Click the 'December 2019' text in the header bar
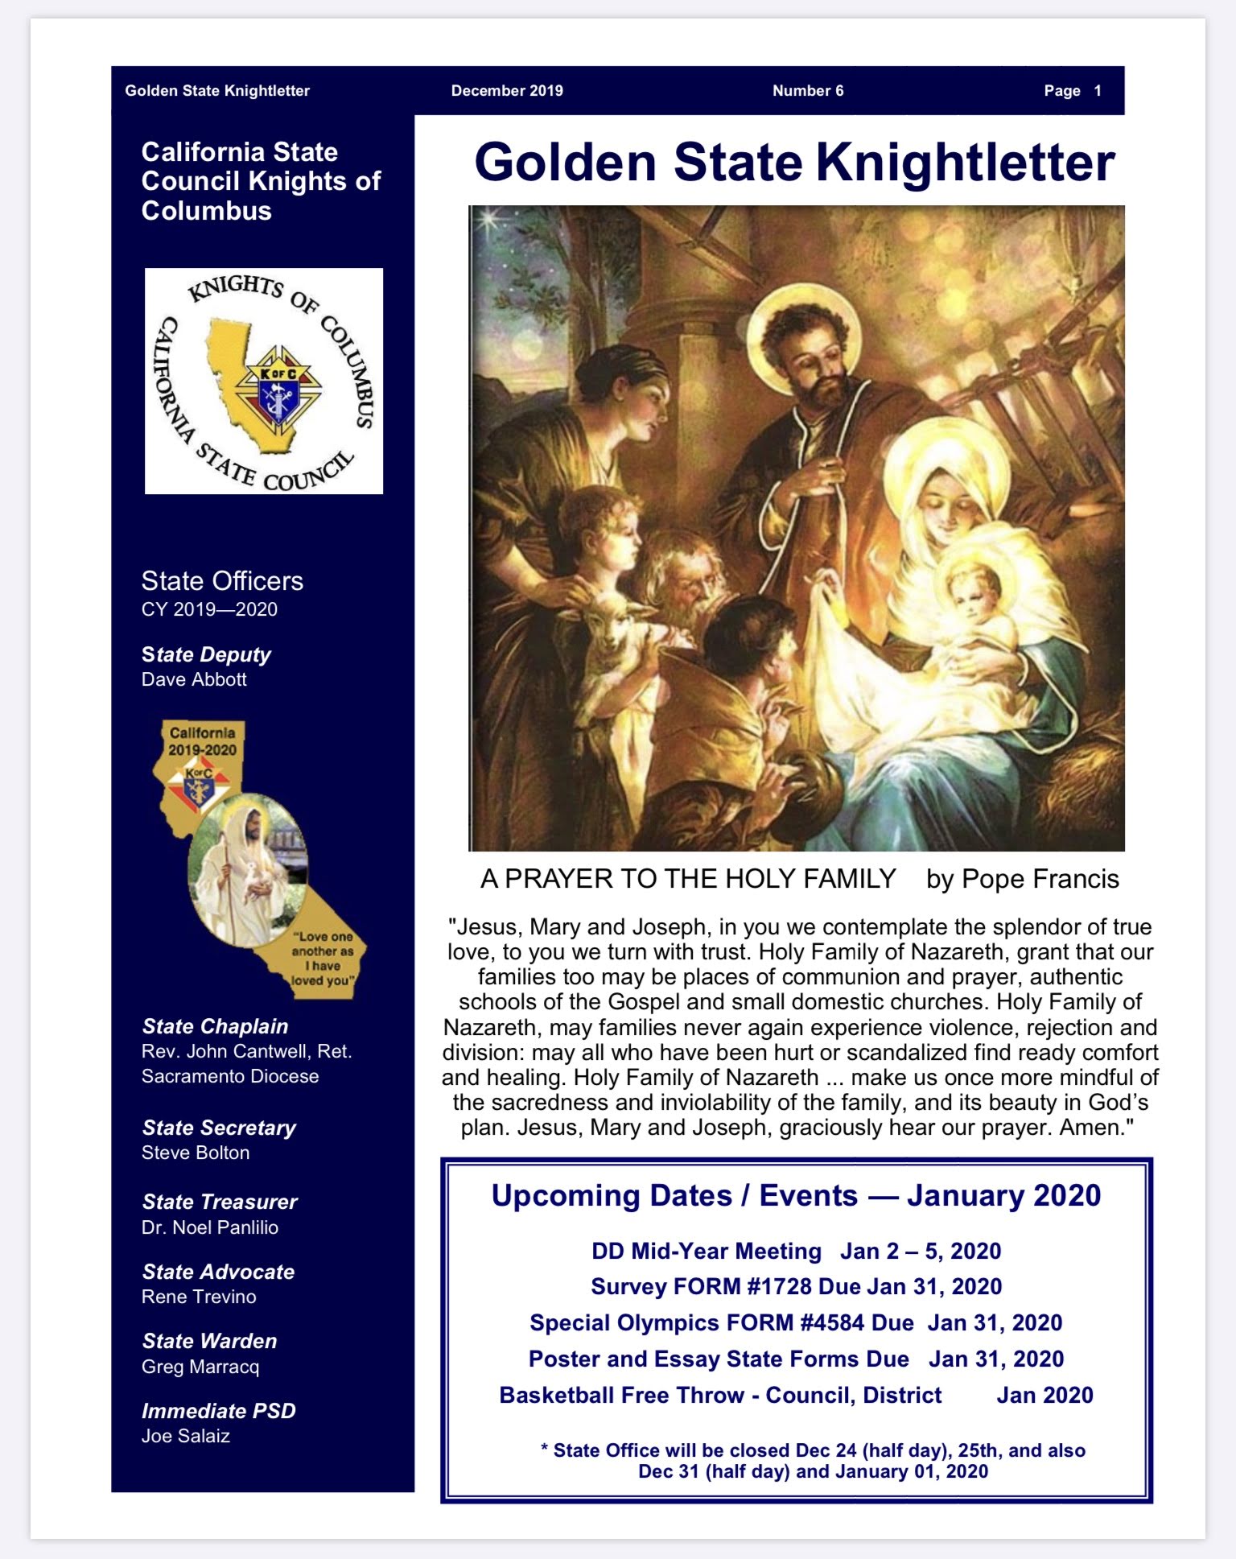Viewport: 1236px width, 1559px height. pos(507,91)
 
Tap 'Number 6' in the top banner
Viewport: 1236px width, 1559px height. pos(808,91)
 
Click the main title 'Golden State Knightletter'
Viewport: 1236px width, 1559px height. pos(794,163)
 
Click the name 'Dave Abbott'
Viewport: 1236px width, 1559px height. pos(194,679)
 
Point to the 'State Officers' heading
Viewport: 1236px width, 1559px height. pos(222,581)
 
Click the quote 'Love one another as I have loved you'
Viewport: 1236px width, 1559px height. pos(323,959)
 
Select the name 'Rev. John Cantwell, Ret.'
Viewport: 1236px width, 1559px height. pos(246,1051)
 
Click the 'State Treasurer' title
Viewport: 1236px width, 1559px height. pos(220,1202)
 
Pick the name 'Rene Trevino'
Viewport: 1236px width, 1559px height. pos(199,1297)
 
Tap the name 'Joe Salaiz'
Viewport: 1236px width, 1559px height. pos(186,1436)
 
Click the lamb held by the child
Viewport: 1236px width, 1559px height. pos(612,636)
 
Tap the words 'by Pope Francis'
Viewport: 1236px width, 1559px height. pos(1022,879)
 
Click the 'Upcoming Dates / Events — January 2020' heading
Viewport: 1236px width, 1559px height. pos(796,1195)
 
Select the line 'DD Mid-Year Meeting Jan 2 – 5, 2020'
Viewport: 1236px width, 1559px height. pos(796,1251)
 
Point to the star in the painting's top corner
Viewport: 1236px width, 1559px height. pos(485,220)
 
